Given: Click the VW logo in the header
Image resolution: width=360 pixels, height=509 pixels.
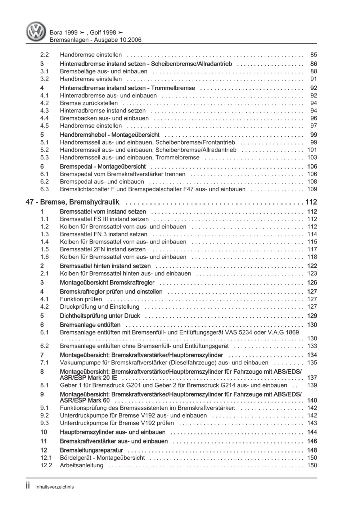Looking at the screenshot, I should [x=36, y=32].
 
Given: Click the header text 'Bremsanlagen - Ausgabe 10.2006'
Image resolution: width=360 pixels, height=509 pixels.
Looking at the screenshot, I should [x=95, y=40].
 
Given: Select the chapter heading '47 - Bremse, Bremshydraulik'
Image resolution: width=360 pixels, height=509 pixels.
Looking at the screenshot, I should [x=72, y=202].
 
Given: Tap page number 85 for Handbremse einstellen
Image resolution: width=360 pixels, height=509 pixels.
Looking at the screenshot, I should [x=313, y=55].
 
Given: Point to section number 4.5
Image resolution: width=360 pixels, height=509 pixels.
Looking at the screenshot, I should [x=44, y=126].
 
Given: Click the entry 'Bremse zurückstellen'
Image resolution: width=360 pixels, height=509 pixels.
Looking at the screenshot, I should [x=89, y=103].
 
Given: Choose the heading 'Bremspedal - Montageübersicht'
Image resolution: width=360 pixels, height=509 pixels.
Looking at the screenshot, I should [x=103, y=167].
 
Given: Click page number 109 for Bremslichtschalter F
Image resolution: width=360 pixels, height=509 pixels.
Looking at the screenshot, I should [x=312, y=189].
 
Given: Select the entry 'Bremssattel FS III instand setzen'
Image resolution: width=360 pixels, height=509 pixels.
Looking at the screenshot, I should [x=104, y=219].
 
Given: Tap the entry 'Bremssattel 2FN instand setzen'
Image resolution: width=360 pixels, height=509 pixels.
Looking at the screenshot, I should [x=103, y=249].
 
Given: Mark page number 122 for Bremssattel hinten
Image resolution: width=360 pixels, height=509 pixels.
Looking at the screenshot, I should [x=312, y=266].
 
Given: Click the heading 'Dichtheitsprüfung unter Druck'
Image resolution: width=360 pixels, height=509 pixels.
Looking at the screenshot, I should [x=100, y=316].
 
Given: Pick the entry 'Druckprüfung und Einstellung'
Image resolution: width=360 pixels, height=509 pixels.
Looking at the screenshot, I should [x=99, y=307].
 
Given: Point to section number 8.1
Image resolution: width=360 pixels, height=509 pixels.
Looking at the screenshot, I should [x=44, y=385].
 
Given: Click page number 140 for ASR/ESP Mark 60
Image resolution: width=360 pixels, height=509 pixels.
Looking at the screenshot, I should [x=312, y=400].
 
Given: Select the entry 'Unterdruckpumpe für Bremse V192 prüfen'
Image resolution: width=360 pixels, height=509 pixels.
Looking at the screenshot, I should [x=117, y=423].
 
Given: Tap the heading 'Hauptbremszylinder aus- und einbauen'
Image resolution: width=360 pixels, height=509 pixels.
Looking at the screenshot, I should [x=112, y=432].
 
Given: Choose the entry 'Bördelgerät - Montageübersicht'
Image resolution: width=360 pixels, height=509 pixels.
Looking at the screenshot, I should [x=102, y=458].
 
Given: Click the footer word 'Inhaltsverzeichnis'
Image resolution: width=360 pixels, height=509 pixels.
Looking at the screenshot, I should [x=54, y=487].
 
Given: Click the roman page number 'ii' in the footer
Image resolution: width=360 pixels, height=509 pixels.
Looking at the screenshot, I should [x=28, y=486].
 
